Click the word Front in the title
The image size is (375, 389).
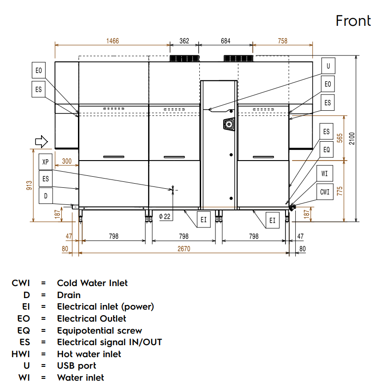pos(353,21)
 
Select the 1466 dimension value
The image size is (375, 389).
pos(113,41)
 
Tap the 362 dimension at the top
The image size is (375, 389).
pos(184,41)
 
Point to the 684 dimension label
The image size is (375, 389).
pos(226,41)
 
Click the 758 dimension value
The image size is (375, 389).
pos(283,41)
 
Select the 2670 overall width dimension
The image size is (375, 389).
pos(184,249)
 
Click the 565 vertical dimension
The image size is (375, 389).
pos(340,138)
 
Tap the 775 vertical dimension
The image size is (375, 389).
pos(340,191)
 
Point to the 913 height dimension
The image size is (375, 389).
pos(29,185)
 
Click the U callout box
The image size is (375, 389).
pos(328,66)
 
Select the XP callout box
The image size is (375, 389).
pos(45,162)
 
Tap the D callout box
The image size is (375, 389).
pos(45,196)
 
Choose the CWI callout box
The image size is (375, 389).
pos(325,192)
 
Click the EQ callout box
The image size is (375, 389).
pos(326,150)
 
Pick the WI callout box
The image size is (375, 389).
pos(325,174)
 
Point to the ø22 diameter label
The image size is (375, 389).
pos(165,216)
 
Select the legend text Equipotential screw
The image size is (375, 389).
pos(99,330)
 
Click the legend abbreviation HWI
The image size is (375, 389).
pos(21,354)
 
